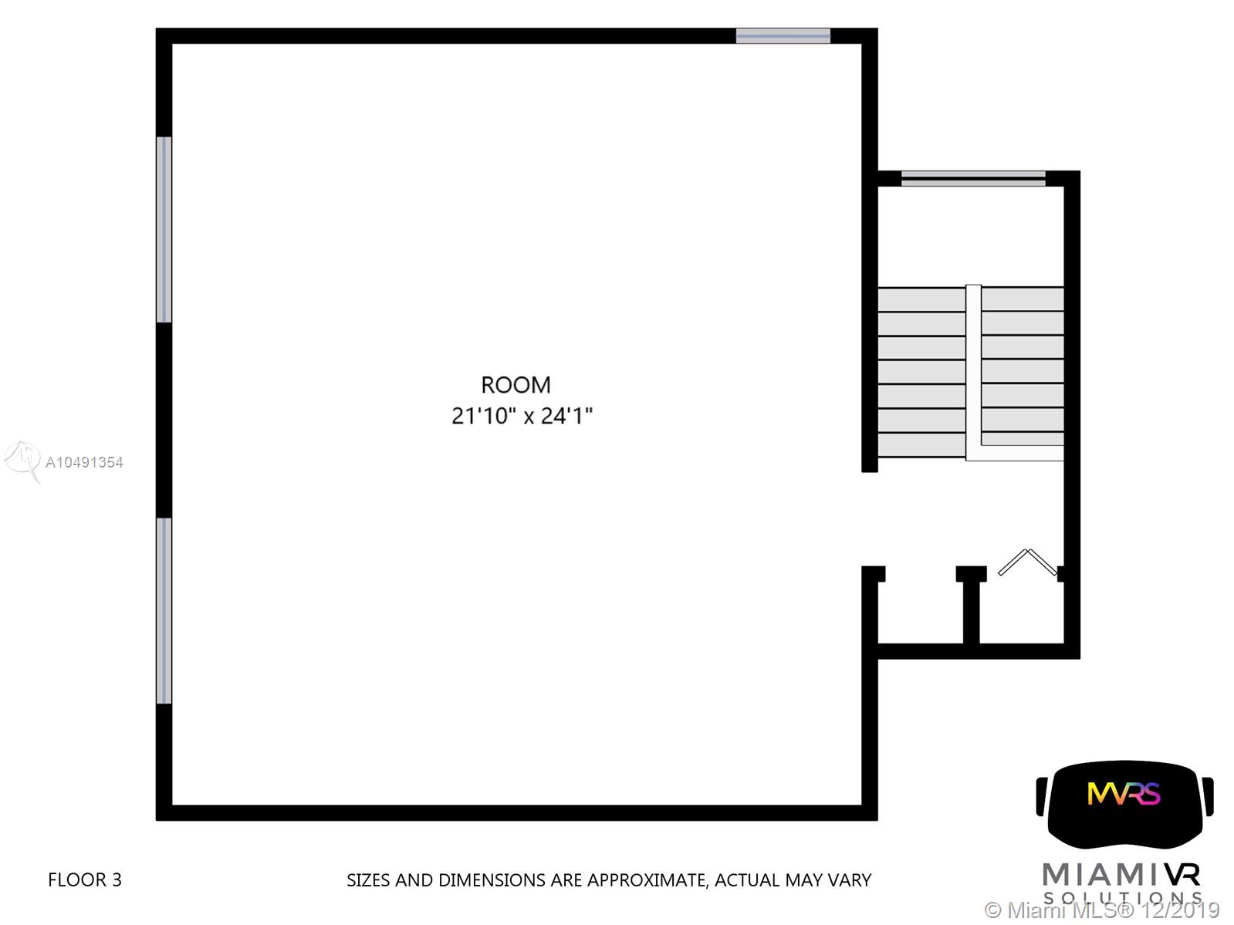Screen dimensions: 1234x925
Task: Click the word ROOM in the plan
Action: (516, 385)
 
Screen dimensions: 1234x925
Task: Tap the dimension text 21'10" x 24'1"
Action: (522, 416)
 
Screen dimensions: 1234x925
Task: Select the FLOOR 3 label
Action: (85, 879)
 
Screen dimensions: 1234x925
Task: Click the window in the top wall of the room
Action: (783, 36)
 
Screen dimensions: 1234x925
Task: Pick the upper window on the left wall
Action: (164, 229)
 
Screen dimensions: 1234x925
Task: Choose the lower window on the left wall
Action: (164, 610)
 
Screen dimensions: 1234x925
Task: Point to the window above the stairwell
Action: (973, 179)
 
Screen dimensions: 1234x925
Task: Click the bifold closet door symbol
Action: (1028, 562)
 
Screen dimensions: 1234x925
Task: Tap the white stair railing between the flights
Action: (974, 371)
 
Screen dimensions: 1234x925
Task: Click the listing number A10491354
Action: (84, 463)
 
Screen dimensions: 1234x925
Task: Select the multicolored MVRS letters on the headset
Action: (1123, 794)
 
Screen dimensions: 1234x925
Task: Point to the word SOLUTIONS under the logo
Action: (1122, 897)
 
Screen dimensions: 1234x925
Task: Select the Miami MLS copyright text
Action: (1102, 910)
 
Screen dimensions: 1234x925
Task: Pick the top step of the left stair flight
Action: (922, 300)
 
